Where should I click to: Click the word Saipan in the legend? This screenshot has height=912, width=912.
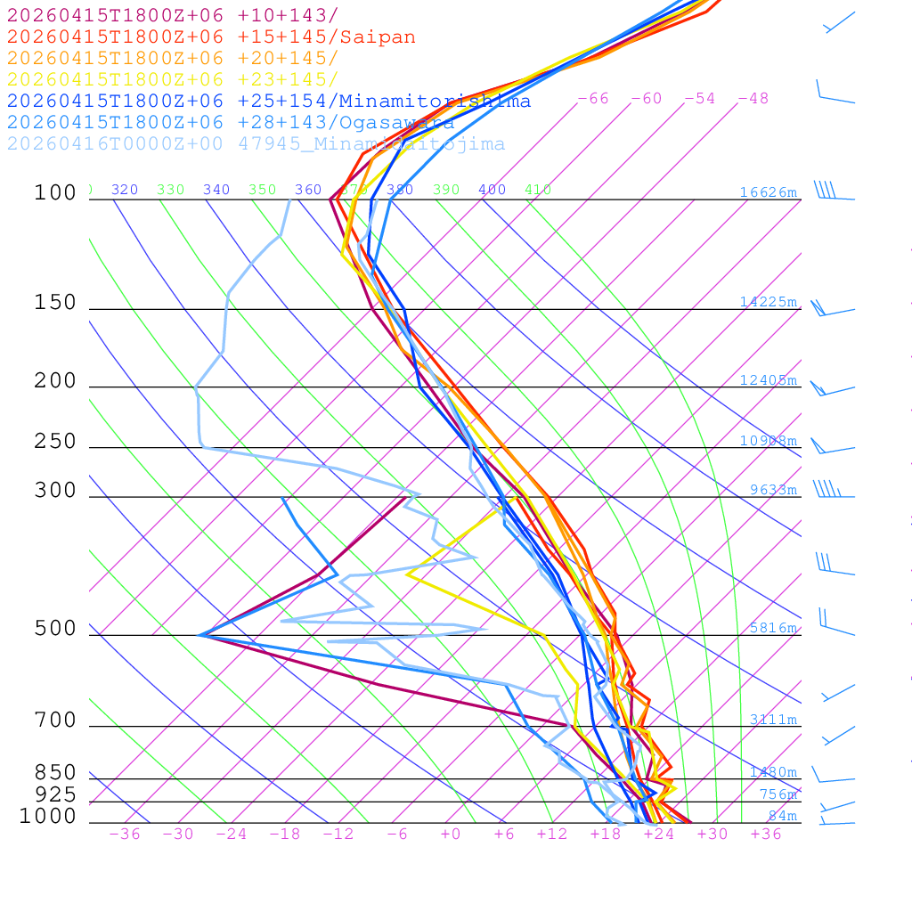(x=378, y=37)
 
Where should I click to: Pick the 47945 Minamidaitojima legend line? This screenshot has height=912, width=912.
(x=256, y=143)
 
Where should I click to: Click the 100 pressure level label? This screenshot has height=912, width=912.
(x=55, y=192)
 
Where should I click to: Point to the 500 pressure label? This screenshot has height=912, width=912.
(x=55, y=629)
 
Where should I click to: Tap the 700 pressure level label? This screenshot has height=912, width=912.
(x=55, y=721)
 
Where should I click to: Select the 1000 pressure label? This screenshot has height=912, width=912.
(x=48, y=816)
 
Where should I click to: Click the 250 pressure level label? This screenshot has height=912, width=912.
(x=55, y=442)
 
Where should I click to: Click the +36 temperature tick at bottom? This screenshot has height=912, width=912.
(x=766, y=834)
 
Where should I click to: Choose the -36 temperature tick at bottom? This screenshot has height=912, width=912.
(x=125, y=834)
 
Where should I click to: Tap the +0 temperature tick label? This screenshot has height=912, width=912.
(x=451, y=834)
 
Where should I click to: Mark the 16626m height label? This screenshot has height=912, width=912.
(x=769, y=192)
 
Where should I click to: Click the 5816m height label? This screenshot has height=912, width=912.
(x=773, y=628)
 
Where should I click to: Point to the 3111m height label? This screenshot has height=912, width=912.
(x=773, y=720)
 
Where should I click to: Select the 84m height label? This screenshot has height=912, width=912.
(x=783, y=816)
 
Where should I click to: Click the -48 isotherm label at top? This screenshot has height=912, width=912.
(x=753, y=98)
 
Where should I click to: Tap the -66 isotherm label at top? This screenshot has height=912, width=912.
(x=593, y=98)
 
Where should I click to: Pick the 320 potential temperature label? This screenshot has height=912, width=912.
(x=125, y=190)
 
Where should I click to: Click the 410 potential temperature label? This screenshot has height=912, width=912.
(x=538, y=190)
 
